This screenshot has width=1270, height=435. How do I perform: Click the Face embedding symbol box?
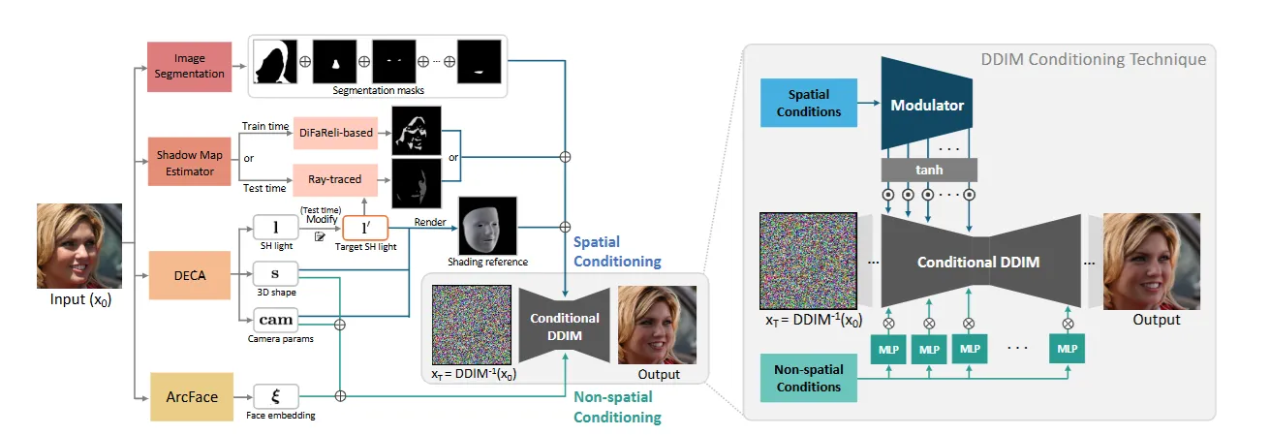[x=275, y=396]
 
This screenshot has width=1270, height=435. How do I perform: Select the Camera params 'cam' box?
[x=275, y=319]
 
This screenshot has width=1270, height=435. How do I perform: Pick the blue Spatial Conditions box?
[x=809, y=105]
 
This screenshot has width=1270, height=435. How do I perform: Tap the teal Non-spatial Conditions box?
[x=809, y=378]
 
